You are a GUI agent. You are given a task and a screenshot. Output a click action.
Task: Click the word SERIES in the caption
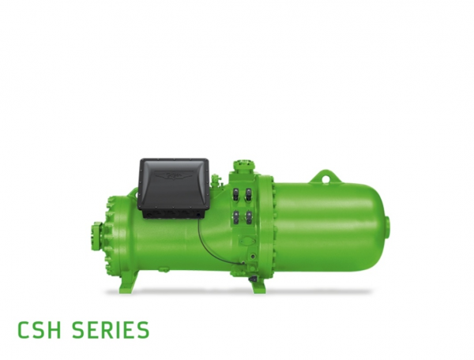111,330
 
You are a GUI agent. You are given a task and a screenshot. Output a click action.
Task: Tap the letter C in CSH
24,330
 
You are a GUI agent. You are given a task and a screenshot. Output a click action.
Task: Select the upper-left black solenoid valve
236,194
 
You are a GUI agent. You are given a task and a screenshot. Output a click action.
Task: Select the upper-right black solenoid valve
249,194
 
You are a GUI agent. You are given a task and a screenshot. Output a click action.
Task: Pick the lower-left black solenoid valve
236,217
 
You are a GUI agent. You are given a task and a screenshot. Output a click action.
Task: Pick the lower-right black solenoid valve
249,217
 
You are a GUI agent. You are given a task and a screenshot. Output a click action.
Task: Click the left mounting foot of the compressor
130,283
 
